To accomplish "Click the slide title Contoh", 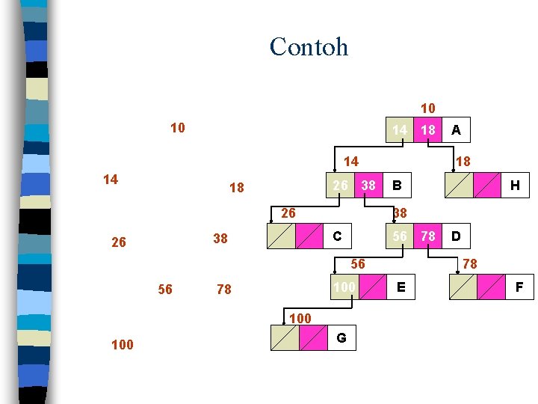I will point(309,46).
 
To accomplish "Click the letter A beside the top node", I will point(456,130).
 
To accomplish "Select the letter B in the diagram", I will point(398,184).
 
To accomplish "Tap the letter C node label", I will point(337,236).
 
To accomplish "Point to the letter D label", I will point(455,236).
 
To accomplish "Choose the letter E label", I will point(401,287).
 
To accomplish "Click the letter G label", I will point(341,337).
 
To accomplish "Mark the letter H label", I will point(515,185).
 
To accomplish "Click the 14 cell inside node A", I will point(400,130).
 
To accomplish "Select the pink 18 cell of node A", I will point(427,130).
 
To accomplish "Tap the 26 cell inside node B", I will point(340,184).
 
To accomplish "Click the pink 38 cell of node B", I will point(368,184).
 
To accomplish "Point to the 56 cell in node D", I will point(401,236).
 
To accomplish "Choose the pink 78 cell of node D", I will point(428,236).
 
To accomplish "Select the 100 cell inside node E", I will point(344,287).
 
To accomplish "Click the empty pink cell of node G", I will point(312,337).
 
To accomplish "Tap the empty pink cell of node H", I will point(487,185).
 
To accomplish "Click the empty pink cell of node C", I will point(309,236).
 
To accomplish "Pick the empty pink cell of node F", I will point(492,287).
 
